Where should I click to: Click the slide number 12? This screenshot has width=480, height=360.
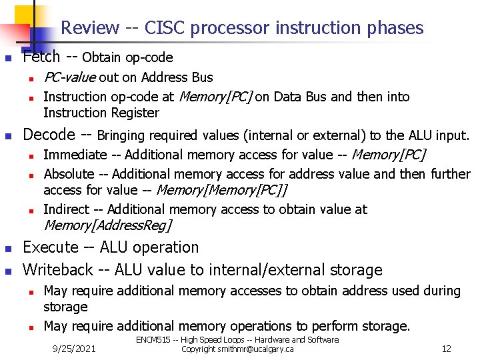(x=447, y=349)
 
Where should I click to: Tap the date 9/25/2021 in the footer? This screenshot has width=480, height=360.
(x=74, y=349)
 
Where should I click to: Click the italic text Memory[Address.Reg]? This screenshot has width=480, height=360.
(x=107, y=225)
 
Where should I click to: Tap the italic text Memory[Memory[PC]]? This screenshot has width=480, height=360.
(x=221, y=190)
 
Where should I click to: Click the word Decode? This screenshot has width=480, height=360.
(x=49, y=135)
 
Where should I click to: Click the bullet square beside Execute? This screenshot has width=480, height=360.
(x=8, y=249)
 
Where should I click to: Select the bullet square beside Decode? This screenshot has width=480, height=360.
(x=8, y=136)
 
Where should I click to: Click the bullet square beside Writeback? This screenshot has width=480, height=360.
(x=8, y=271)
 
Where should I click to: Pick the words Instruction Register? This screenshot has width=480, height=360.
(x=101, y=113)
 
